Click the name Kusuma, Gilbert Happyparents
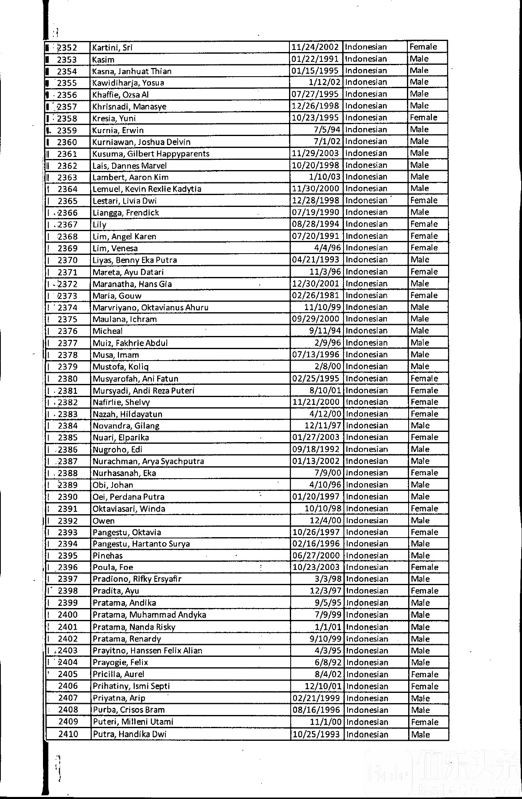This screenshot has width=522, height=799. click(151, 154)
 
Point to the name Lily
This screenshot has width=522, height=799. click(99, 225)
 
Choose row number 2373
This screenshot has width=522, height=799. click(68, 296)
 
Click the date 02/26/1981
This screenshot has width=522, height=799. click(315, 295)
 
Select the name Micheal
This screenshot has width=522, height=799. click(107, 331)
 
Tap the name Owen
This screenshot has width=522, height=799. click(104, 521)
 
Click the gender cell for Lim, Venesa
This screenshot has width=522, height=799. click(424, 248)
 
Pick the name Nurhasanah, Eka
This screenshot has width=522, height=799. click(124, 473)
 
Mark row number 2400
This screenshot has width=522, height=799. click(68, 615)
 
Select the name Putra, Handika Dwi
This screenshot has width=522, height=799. click(129, 734)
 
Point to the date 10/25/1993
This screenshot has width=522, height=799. click(316, 734)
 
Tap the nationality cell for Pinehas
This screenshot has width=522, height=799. click(367, 556)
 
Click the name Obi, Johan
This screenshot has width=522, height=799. click(113, 485)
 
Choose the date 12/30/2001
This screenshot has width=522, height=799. click(315, 284)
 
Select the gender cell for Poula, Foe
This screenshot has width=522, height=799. click(425, 567)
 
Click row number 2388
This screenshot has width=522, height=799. click(68, 473)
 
